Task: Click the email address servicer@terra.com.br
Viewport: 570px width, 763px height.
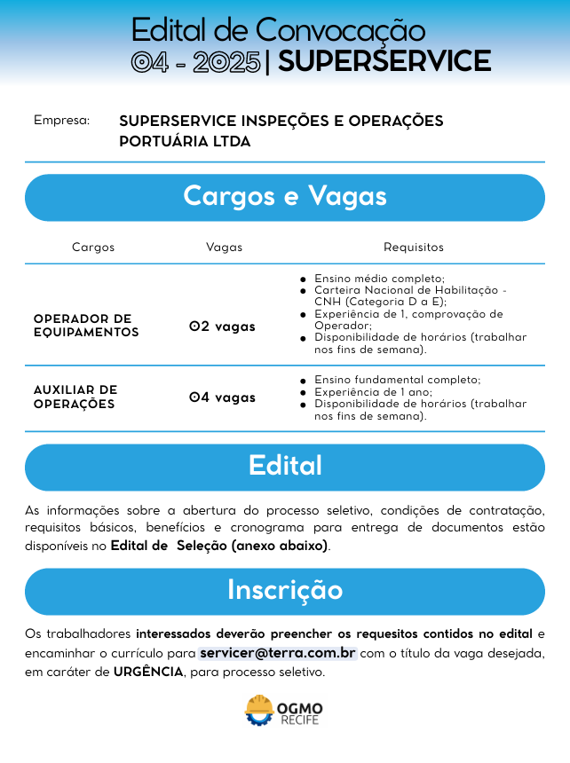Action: click(278, 653)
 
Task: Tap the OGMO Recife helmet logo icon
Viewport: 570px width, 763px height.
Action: click(259, 711)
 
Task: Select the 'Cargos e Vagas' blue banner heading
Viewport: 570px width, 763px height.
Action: click(285, 196)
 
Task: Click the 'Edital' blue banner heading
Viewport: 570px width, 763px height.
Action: click(285, 466)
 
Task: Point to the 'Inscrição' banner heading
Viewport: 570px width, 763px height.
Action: click(285, 590)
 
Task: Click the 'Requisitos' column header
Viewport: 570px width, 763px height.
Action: click(413, 248)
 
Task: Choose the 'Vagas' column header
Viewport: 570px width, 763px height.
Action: click(224, 248)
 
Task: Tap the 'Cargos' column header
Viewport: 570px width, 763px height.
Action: click(93, 248)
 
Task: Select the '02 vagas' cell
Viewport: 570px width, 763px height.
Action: click(222, 326)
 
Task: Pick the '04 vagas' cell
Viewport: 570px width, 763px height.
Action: click(222, 397)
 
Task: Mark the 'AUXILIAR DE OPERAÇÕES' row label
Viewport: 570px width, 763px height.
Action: click(75, 397)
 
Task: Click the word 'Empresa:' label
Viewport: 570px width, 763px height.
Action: click(62, 120)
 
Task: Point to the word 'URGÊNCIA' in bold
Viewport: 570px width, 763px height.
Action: click(148, 673)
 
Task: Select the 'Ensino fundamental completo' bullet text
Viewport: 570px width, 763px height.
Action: click(397, 380)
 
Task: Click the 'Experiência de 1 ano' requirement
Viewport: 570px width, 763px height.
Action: click(373, 391)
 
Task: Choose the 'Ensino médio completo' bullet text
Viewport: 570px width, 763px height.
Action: click(379, 279)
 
